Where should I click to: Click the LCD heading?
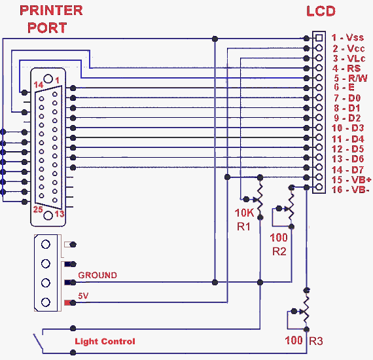(x=321, y=11)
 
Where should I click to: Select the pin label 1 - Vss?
(x=347, y=38)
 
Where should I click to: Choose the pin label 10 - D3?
(x=347, y=128)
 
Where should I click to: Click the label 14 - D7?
(x=347, y=169)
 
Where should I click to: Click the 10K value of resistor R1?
(x=244, y=213)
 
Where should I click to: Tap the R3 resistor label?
(x=316, y=341)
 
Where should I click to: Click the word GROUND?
(x=98, y=276)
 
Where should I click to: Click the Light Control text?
(x=105, y=342)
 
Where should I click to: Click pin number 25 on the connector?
(x=38, y=210)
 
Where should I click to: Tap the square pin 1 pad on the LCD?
(x=319, y=37)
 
